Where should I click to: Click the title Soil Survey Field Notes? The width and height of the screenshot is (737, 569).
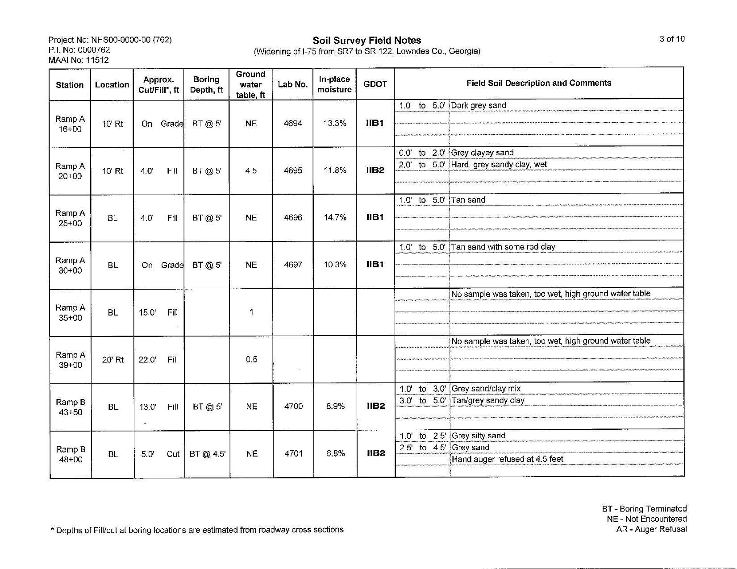[366, 41]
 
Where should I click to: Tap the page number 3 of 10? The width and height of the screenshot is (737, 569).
[672, 39]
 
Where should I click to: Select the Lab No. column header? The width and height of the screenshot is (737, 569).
[292, 84]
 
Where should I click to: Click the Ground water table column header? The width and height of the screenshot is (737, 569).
[250, 84]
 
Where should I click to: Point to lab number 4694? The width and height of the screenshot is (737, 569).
[293, 124]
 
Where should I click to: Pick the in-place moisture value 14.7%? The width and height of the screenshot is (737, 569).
[335, 218]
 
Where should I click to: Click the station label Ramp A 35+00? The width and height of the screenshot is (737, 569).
[70, 312]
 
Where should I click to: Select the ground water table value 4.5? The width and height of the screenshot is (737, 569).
[251, 170]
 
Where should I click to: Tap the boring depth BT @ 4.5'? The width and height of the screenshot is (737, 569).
[208, 454]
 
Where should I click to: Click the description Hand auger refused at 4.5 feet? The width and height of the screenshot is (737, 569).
[508, 459]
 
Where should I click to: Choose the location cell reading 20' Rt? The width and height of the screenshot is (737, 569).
[112, 360]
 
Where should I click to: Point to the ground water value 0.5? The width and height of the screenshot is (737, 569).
[251, 360]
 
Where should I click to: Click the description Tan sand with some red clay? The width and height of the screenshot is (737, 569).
[503, 247]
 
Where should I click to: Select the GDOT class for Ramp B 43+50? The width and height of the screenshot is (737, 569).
[376, 406]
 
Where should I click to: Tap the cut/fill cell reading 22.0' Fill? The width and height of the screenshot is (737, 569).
[158, 360]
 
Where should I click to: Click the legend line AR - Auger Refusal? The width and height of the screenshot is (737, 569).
[651, 529]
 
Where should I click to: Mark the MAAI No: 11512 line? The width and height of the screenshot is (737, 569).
[79, 60]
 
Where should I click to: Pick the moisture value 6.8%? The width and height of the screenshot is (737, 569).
[335, 453]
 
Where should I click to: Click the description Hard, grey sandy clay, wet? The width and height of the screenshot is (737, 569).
[499, 165]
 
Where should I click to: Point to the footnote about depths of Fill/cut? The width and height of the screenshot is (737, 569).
[197, 530]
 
